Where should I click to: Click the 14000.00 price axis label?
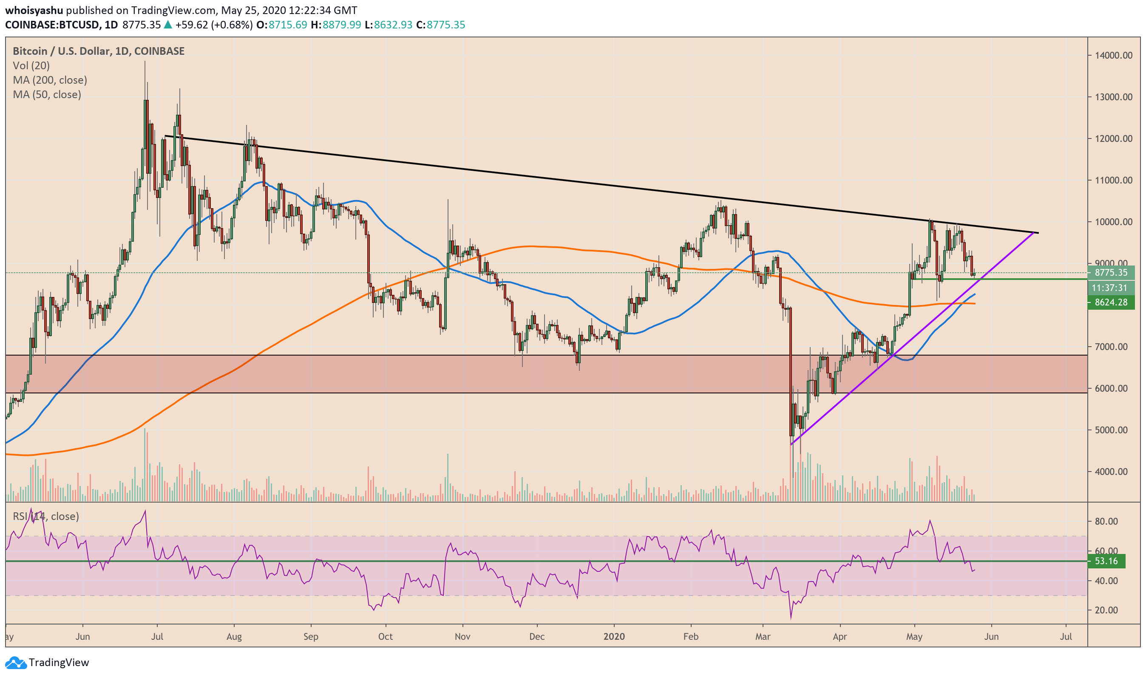click(x=1114, y=55)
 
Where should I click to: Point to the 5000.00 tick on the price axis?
click(x=1114, y=430)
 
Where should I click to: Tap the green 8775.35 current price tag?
click(x=1111, y=273)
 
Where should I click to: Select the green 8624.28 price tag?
click(x=1111, y=302)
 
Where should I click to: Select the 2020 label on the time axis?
click(x=613, y=636)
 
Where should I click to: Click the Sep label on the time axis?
click(x=311, y=636)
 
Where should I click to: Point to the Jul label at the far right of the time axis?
click(x=1066, y=636)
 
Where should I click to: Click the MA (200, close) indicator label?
click(x=50, y=80)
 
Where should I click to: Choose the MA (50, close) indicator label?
click(x=47, y=95)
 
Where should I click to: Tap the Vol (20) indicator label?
click(x=31, y=65)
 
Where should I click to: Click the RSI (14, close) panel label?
click(x=46, y=516)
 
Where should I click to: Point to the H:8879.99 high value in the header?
click(x=336, y=25)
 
